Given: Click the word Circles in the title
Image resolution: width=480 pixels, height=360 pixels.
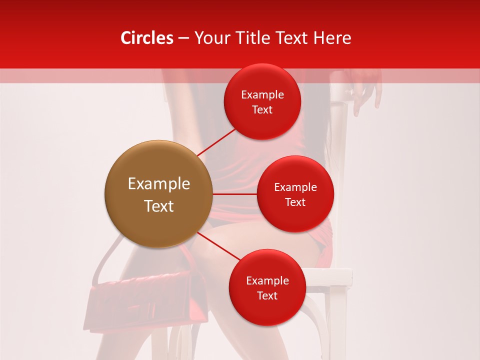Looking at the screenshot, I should coord(146,38).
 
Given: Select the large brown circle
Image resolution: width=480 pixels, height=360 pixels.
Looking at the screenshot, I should coord(158,194).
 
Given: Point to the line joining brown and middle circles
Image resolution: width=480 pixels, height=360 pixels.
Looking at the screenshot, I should coord(234,194).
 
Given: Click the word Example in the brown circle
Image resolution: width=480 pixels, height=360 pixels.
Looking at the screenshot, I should coord(158,184).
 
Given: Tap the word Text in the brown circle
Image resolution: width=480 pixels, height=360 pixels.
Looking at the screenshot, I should coord(158,206).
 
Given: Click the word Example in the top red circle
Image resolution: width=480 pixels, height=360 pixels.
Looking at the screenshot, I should coord(262,95).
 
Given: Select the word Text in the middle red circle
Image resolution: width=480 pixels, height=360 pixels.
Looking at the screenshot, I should coord(295,202).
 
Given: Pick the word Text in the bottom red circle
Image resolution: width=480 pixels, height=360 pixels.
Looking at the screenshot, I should coord(267,295).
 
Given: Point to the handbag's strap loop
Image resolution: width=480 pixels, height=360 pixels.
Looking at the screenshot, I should coord(107,260).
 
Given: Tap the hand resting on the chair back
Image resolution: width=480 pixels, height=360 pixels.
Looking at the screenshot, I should coord(365,92).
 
